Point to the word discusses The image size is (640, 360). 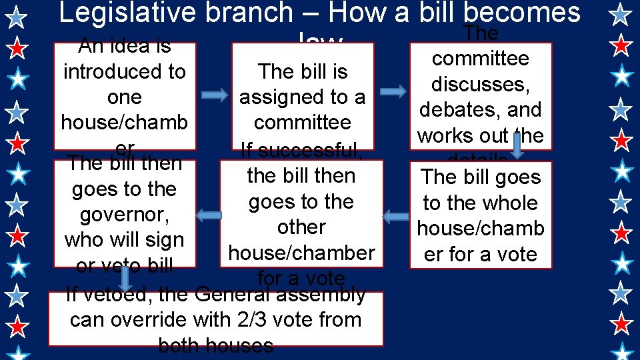pyautogui.click(x=480, y=85)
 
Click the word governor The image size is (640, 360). pyautogui.click(x=124, y=215)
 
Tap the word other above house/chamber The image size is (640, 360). pyautogui.click(x=301, y=227)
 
